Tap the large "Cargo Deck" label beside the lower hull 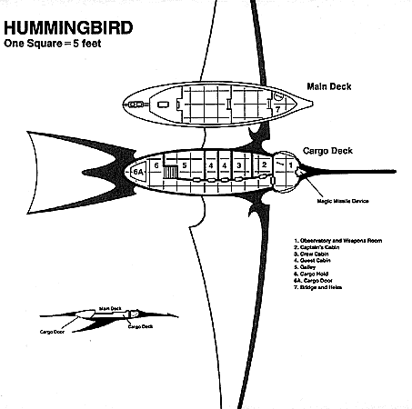point(329,154)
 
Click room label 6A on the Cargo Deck point(138,171)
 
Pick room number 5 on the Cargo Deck point(185,165)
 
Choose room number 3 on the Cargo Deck point(238,165)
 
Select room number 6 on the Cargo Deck point(157,165)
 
